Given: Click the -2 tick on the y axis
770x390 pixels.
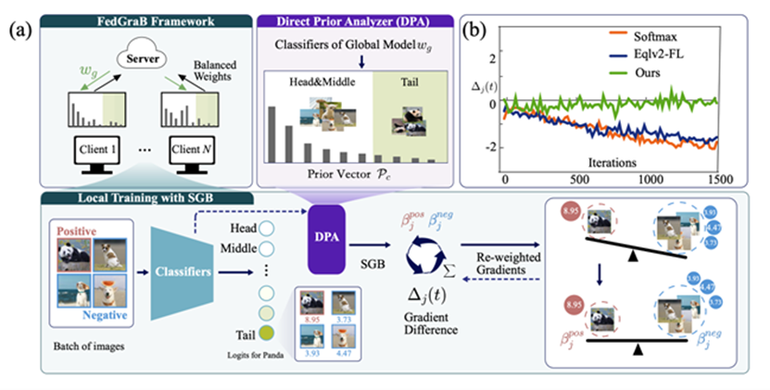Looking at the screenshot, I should [x=493, y=147].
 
